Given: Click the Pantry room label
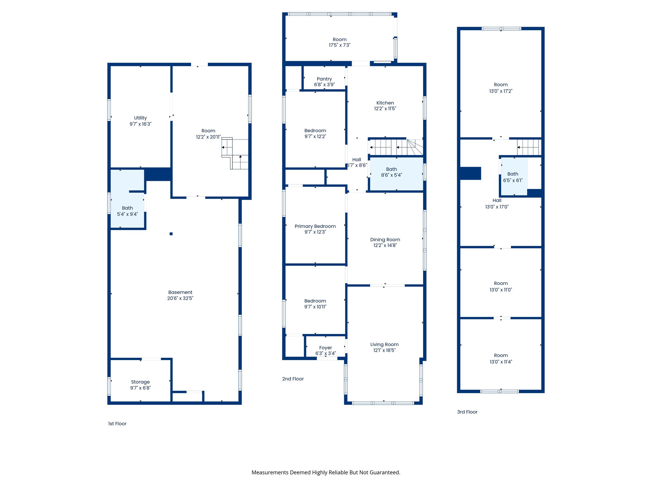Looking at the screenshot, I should coord(324,79).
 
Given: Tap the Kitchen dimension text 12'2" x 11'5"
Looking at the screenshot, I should coord(385,109).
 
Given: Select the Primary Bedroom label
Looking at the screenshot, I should coord(315,226).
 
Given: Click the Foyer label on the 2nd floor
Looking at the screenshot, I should coord(325,348).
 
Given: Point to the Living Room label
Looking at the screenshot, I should coord(384,344).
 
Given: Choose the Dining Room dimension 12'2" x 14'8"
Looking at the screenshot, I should coord(385,245).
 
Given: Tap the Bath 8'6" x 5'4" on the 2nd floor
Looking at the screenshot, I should coord(391,172).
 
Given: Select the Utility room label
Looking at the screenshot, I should coord(140,118).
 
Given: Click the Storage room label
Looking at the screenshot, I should coord(140,382).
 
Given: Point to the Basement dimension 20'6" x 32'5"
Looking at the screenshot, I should coord(180,298).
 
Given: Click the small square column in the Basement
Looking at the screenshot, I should coord(171,234).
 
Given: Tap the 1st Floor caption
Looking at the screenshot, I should coord(117,423).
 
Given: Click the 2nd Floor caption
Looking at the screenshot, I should coord(293,379).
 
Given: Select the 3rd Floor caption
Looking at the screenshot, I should coord(467,412).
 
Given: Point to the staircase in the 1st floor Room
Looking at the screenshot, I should coord(235,153).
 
